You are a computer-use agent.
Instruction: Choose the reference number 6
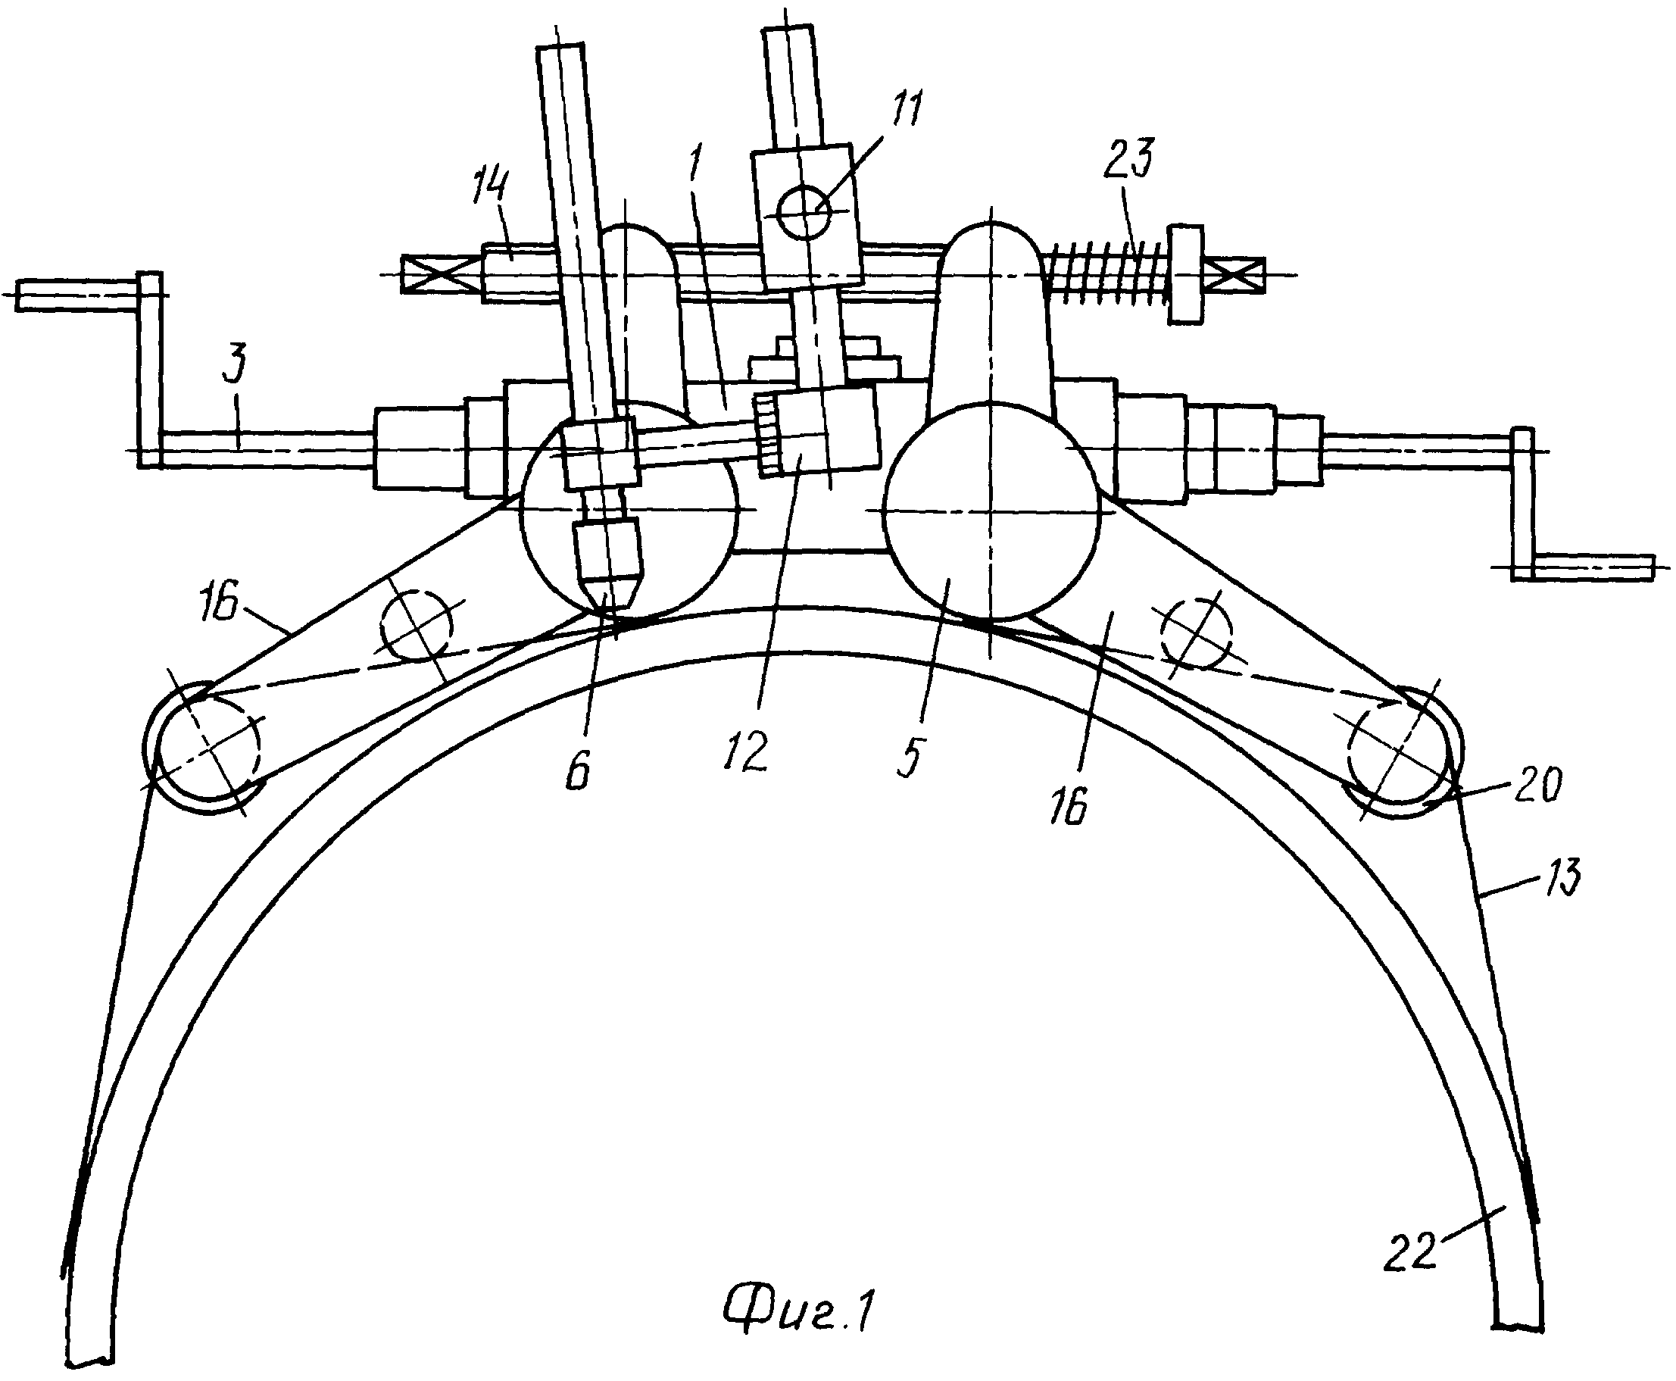579,769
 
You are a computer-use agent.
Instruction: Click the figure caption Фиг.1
800,1311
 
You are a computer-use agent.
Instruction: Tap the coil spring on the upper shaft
1107,274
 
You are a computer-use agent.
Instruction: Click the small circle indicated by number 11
805,213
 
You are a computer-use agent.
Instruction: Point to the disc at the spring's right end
1185,274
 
